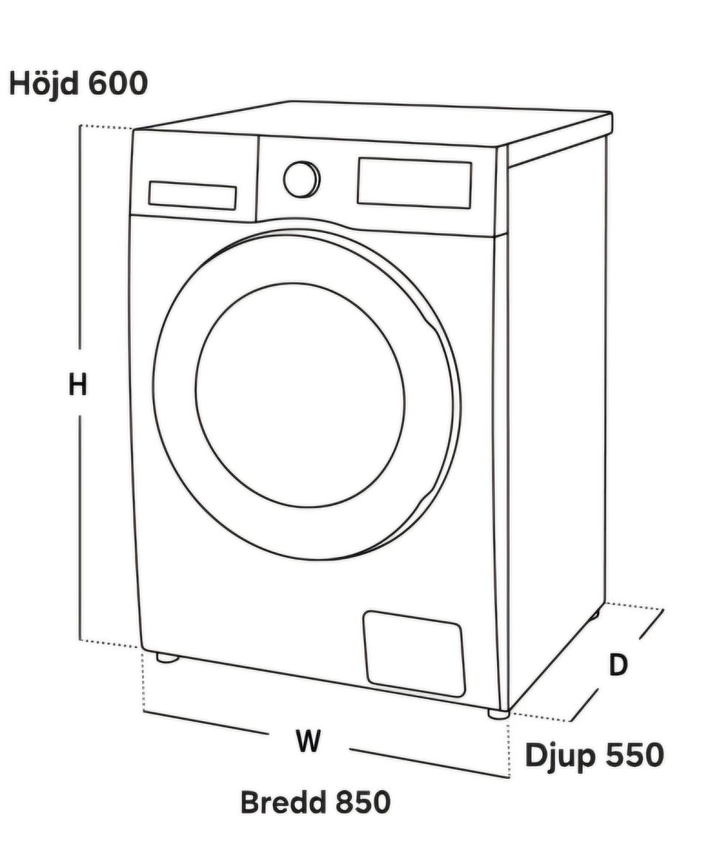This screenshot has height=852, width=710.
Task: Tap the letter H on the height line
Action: [78, 385]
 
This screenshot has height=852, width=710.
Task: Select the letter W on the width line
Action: [308, 740]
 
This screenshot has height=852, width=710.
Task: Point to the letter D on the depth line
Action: [618, 665]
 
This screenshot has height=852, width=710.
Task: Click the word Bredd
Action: [283, 802]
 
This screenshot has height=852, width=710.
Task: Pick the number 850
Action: [362, 802]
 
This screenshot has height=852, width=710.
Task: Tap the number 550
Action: [633, 754]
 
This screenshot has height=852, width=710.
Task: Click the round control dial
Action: [302, 179]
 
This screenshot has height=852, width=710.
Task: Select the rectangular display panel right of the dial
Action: [414, 183]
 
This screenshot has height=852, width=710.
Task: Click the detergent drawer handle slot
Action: [192, 195]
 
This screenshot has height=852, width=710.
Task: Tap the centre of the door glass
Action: [300, 394]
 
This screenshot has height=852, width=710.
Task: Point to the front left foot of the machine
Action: [167, 658]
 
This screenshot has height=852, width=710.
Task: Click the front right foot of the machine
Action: [498, 714]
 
